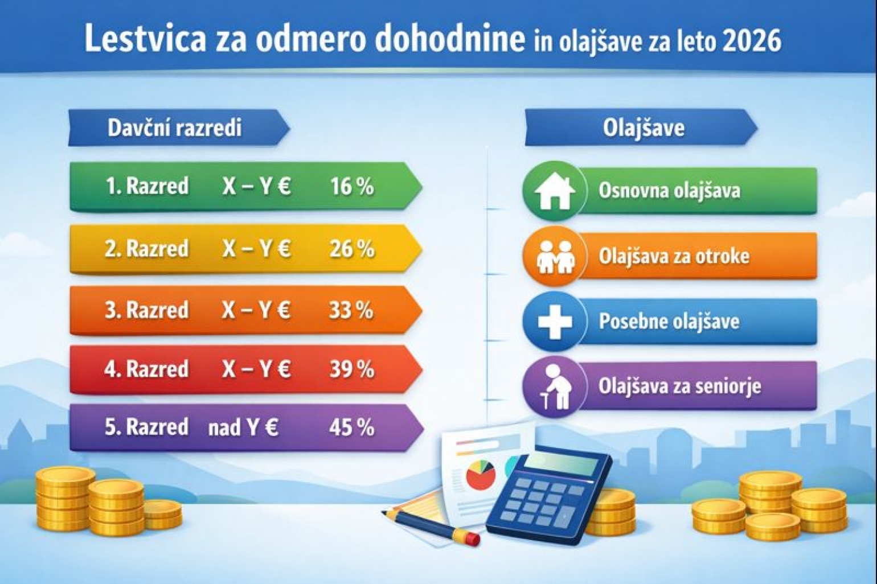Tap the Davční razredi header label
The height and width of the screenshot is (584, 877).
[x=175, y=128]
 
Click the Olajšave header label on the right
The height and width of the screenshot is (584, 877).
[x=644, y=128]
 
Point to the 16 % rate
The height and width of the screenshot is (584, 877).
[x=352, y=186]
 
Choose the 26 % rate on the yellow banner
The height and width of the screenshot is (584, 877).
[x=352, y=249]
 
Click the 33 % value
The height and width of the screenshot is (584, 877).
[x=351, y=310]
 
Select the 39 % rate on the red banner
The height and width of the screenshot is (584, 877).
[x=352, y=369]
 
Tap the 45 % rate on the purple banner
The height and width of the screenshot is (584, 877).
[x=352, y=427]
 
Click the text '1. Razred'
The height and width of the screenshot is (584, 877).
[x=147, y=186]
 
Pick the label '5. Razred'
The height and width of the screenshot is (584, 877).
[x=147, y=427]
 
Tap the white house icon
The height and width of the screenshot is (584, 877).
[x=555, y=191]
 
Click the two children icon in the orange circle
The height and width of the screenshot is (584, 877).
[x=555, y=256]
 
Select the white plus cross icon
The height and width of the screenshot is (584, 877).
[x=555, y=322]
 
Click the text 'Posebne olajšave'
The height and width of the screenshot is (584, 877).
[x=669, y=322]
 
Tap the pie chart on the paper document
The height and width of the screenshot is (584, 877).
[x=481, y=475]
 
